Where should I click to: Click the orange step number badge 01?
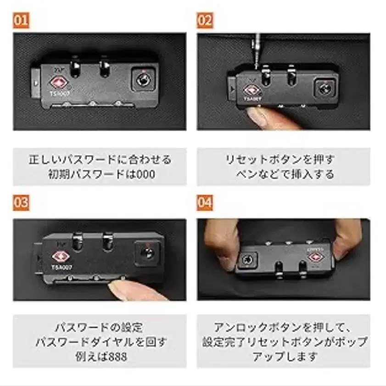coord(21,21)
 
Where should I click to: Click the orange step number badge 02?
coord(205,21)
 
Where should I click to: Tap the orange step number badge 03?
coord(21,202)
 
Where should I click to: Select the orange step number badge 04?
coord(205,202)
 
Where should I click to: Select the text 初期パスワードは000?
coord(100,174)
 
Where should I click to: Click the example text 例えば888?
coord(100,356)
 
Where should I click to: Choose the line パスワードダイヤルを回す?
coord(100,342)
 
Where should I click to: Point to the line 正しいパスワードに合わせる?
coord(100,160)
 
